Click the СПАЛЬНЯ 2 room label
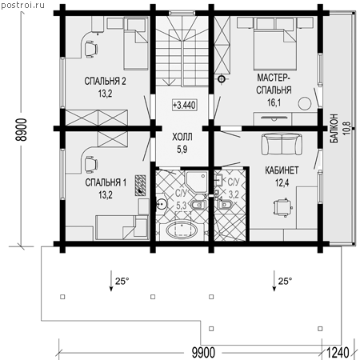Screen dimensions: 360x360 tap(105, 81)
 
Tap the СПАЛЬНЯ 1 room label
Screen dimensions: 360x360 tap(106, 182)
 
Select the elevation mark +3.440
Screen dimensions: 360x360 tap(184, 105)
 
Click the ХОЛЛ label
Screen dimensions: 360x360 tap(182, 137)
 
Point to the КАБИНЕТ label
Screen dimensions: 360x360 tap(282, 170)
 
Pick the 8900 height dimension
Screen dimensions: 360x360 tap(22, 130)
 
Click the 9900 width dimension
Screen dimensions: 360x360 tap(203, 353)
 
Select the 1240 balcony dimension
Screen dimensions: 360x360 tap(338, 353)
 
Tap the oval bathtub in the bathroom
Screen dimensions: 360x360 tap(182, 230)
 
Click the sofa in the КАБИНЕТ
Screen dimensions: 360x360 tap(282, 144)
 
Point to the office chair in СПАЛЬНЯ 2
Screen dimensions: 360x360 tap(90, 49)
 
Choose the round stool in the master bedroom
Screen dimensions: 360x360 tap(305, 104)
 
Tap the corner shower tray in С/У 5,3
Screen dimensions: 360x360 tap(197, 182)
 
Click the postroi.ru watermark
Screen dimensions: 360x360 tap(22, 6)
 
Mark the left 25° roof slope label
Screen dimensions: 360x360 tap(122, 281)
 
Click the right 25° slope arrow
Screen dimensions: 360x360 tap(274, 281)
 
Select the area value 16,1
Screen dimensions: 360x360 tap(274, 102)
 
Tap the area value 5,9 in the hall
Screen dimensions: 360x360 tap(182, 150)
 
